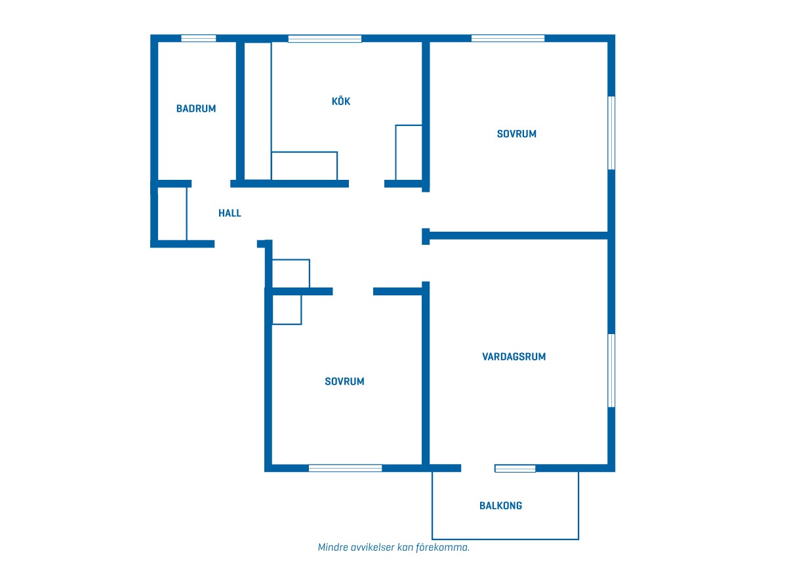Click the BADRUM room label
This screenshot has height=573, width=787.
(x=196, y=108)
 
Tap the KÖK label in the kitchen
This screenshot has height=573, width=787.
(x=341, y=101)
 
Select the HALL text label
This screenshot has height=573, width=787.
(x=230, y=213)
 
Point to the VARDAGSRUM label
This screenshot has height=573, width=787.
(x=514, y=357)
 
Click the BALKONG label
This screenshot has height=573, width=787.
(x=500, y=505)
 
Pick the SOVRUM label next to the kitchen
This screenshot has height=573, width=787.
(x=517, y=134)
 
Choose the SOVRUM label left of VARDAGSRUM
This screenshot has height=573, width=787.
(x=344, y=381)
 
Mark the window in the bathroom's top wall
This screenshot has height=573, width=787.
(x=199, y=38)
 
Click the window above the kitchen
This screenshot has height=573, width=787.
(x=325, y=38)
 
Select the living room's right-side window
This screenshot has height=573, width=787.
(x=611, y=371)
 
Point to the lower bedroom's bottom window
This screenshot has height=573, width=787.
(x=345, y=468)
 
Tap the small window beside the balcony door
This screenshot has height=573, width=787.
(x=515, y=468)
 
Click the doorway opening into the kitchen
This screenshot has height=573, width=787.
(x=367, y=184)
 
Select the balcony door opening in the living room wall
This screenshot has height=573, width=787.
(x=478, y=468)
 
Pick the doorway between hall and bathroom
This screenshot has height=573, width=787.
(x=211, y=184)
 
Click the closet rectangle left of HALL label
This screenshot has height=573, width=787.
(x=172, y=214)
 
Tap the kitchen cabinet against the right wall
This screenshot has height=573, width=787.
(x=409, y=152)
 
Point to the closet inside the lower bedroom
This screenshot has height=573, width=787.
(x=287, y=310)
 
